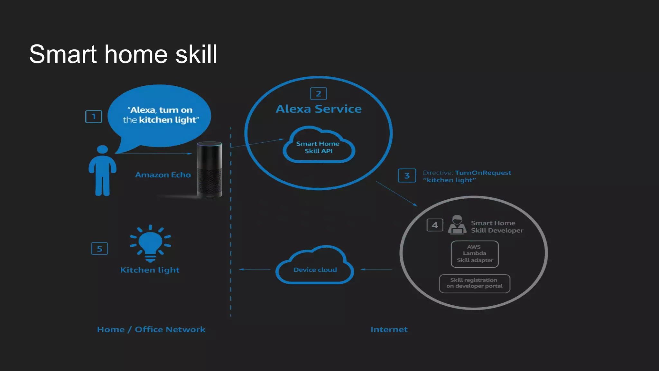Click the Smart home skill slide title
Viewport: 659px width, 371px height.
(x=123, y=54)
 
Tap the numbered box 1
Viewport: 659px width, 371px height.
(x=94, y=117)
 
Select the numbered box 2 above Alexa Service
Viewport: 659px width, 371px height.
(x=318, y=94)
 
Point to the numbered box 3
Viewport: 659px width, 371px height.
(x=407, y=176)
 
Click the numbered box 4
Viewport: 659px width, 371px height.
(x=435, y=225)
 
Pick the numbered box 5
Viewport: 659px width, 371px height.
(x=99, y=249)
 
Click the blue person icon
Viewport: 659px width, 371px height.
(x=102, y=171)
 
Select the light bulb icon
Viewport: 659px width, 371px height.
(x=150, y=243)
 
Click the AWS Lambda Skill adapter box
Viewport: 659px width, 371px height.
(x=475, y=254)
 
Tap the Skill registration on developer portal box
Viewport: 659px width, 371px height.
(x=474, y=283)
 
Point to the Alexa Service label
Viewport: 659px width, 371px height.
(x=319, y=109)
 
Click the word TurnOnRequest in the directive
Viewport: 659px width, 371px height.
(x=483, y=173)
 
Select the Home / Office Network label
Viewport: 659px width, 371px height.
(x=151, y=329)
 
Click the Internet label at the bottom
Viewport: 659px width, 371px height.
(x=389, y=329)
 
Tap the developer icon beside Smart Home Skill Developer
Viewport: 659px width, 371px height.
(x=457, y=225)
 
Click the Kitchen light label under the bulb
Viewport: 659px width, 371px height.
(x=150, y=270)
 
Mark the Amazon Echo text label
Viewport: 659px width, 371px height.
(x=163, y=175)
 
